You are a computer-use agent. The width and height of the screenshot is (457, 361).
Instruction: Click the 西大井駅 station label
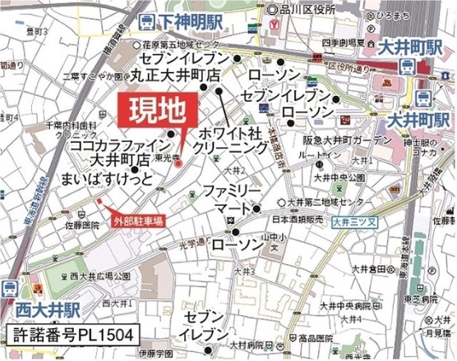coord(47,310)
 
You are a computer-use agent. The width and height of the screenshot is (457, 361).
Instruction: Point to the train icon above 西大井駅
coord(10,288)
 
